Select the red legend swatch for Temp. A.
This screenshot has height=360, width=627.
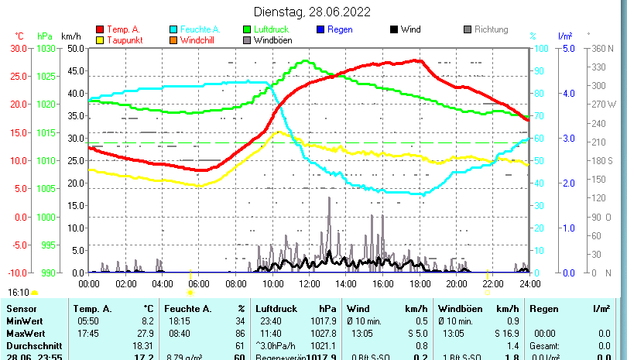99,29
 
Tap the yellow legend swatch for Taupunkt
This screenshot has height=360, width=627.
99,39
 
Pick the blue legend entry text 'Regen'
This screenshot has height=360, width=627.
341,29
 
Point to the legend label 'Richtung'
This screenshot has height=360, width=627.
491,29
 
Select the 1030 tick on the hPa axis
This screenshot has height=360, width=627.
46,48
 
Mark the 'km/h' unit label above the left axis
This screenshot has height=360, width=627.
70,36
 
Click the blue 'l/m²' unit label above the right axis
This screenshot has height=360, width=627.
565,36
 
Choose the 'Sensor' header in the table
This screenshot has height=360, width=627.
21,308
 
